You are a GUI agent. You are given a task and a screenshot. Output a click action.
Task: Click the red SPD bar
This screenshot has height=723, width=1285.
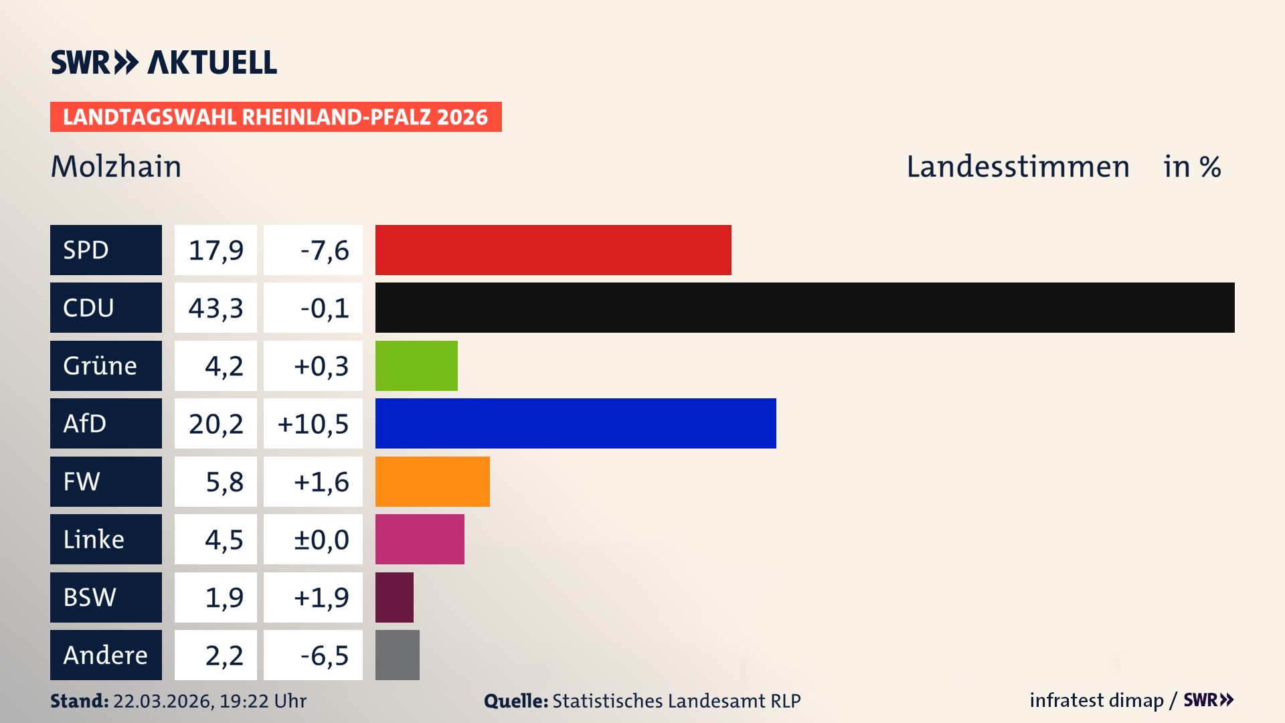point(553,250)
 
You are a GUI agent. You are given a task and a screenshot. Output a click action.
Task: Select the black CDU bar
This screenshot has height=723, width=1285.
point(804,307)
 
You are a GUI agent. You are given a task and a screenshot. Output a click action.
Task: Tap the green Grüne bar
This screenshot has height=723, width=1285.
point(416,366)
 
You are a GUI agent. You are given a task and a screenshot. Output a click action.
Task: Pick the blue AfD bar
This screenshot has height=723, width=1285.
point(576,423)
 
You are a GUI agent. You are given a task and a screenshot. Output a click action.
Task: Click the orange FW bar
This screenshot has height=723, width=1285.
point(432,481)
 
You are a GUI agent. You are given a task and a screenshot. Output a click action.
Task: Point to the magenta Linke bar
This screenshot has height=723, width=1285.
point(420,539)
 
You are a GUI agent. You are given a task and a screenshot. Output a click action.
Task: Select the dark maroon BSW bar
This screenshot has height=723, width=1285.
point(394,597)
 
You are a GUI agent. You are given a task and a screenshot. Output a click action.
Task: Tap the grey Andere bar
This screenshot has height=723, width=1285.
point(397,655)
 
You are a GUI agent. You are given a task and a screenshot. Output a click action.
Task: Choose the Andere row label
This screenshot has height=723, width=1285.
point(106,655)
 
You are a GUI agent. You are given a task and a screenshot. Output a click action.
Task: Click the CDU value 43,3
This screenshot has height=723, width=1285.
point(216,308)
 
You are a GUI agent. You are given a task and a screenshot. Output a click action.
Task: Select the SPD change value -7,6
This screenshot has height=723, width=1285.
point(324,250)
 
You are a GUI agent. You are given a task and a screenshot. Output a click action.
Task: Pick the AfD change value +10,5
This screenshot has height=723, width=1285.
point(313,424)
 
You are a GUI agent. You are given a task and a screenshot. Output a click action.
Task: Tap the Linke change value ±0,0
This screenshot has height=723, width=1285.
point(321,540)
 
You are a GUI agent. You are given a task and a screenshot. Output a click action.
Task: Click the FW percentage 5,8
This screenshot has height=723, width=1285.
point(224,482)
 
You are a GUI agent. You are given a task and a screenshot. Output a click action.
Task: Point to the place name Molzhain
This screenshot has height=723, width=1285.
point(116,166)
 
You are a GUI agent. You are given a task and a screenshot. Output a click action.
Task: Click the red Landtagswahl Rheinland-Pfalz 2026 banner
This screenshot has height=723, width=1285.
point(276,116)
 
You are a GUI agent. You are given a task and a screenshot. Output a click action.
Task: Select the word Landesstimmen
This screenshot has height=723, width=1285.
point(1017,166)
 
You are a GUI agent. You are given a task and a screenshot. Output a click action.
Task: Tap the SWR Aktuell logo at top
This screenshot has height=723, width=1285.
point(163,62)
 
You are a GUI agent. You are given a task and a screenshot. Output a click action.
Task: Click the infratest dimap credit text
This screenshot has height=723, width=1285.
point(1096,700)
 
